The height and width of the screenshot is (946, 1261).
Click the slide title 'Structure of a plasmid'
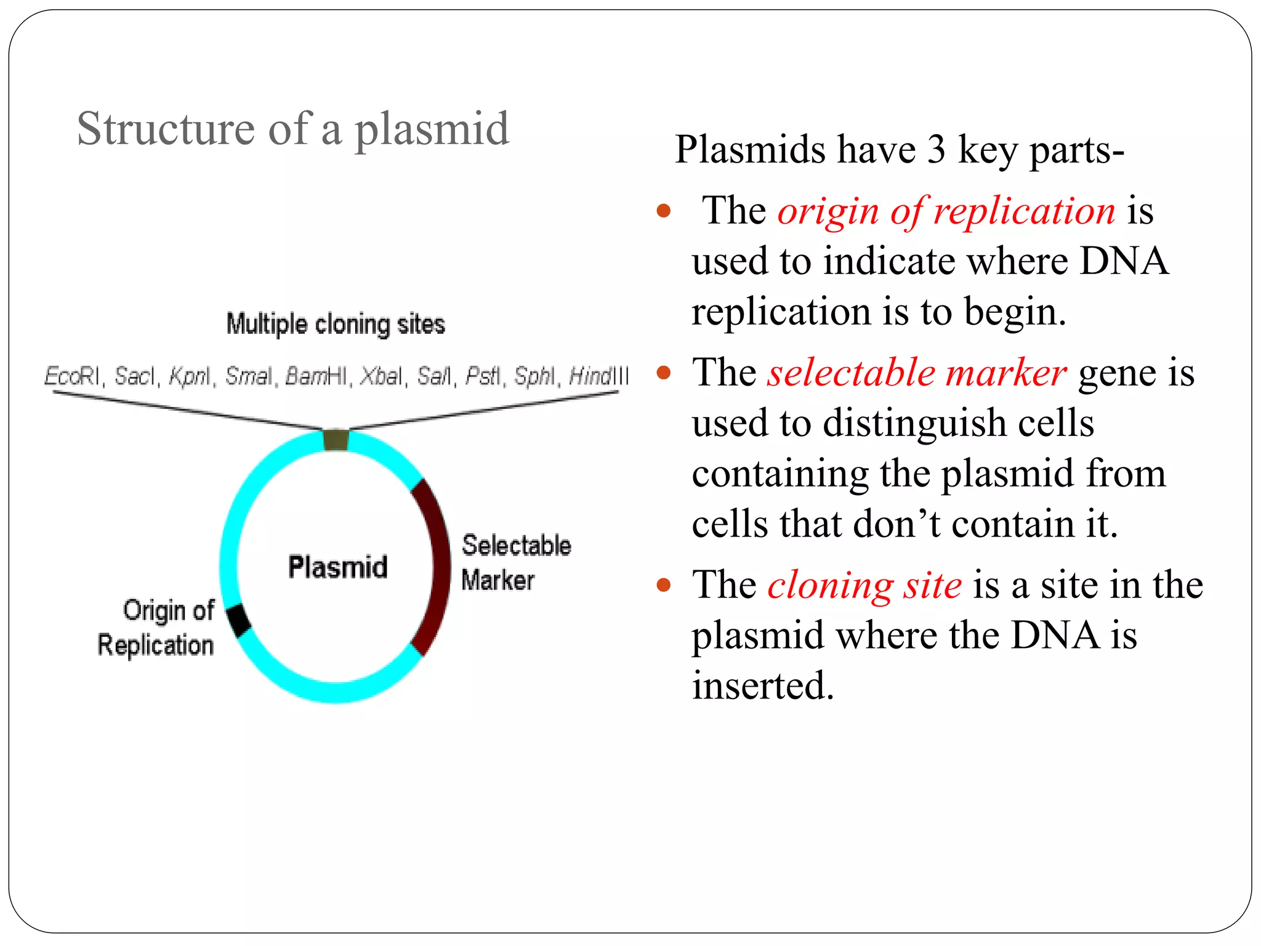293,129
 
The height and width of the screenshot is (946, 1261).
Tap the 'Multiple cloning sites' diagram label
336,324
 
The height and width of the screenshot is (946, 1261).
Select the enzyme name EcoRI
71,376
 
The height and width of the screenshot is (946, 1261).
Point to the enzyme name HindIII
598,376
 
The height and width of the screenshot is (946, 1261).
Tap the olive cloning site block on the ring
336,440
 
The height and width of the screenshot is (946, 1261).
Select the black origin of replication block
239,620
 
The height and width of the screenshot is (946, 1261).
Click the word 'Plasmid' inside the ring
338,567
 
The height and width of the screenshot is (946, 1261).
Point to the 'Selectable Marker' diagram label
516,563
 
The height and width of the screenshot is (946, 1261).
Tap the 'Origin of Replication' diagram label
157,628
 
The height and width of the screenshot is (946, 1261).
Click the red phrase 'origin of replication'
946,211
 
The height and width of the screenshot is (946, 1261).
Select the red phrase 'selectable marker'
916,373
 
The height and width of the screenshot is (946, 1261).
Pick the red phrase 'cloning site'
864,585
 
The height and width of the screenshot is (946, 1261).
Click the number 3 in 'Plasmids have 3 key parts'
936,150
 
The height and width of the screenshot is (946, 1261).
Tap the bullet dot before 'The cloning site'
663,584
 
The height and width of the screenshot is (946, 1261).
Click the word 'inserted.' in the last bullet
763,685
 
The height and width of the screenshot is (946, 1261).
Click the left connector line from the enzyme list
185,411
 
